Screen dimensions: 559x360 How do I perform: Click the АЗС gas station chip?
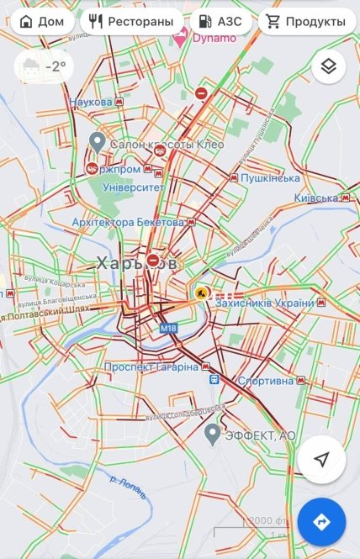click(220, 20)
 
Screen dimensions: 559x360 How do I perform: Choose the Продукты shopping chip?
click(304, 20)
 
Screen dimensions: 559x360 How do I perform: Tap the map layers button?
click(328, 66)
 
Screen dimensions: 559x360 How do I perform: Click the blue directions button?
click(320, 522)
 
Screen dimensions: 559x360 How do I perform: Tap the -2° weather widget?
click(43, 66)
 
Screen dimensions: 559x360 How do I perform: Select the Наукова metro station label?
click(91, 102)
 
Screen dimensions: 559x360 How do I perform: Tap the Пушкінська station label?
click(271, 178)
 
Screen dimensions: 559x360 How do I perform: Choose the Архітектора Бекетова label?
click(127, 222)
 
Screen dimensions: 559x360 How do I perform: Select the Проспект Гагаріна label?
click(151, 367)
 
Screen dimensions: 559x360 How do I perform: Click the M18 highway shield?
click(169, 328)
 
